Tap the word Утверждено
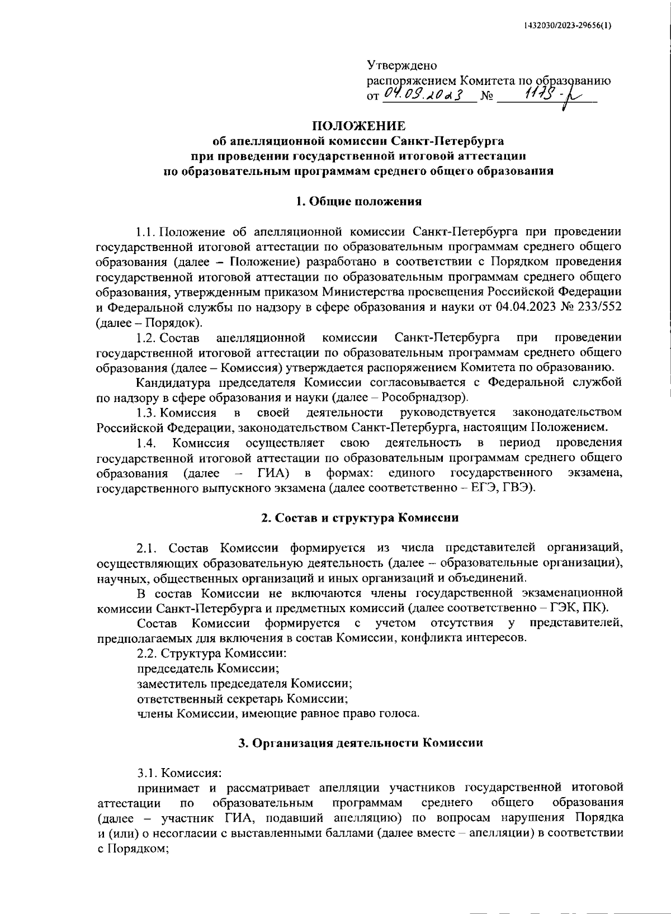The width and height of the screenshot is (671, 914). [x=402, y=65]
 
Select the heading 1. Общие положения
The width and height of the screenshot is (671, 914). [x=358, y=201]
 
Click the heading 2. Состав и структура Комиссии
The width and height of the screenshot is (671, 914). [x=358, y=518]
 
